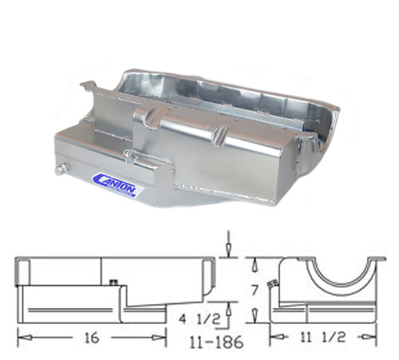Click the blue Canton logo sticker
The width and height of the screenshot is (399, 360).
[118, 184]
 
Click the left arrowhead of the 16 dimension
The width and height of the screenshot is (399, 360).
[21, 338]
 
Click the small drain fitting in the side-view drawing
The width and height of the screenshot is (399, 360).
[113, 280]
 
